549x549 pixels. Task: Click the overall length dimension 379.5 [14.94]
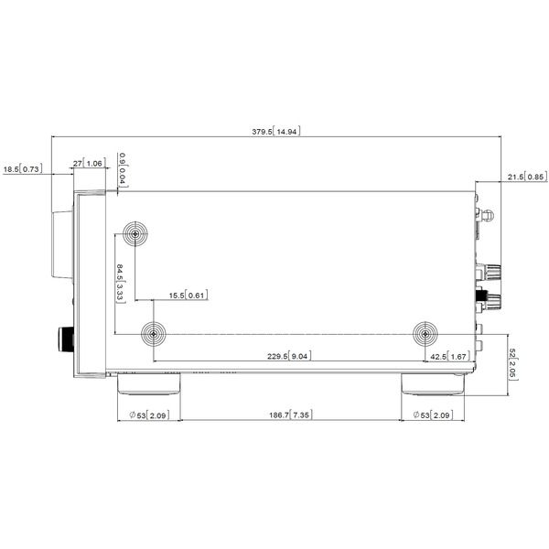tap(276, 131)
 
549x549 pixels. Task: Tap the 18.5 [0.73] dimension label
tap(23, 169)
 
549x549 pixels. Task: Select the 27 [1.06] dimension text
tap(90, 163)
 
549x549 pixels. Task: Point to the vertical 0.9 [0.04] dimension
tap(123, 170)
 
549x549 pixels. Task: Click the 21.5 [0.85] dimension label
tap(527, 177)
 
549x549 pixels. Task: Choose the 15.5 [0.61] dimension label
tap(188, 296)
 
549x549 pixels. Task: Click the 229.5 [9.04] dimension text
tap(289, 356)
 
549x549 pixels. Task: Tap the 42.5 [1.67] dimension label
tap(449, 357)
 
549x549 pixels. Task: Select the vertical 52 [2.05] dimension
tap(512, 364)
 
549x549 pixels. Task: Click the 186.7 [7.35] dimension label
tap(291, 414)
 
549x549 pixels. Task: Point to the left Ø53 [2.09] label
tap(149, 415)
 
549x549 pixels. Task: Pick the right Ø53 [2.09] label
tap(433, 414)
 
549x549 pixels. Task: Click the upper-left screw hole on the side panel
tap(135, 233)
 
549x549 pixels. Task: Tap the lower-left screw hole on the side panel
tap(154, 334)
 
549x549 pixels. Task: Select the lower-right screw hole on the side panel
tap(425, 334)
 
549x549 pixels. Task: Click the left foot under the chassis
tap(149, 383)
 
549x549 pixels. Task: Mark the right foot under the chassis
tap(433, 384)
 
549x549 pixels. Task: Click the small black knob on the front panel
tap(66, 339)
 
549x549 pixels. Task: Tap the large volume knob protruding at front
tap(62, 245)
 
